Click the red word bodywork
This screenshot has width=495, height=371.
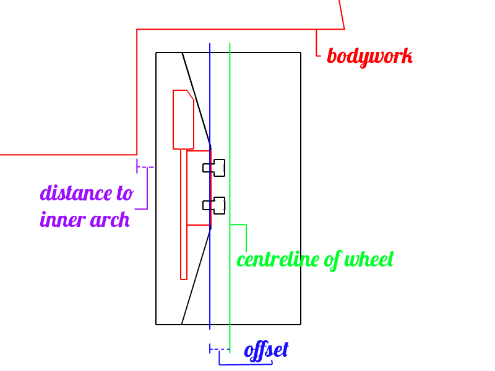pyautogui.click(x=369, y=56)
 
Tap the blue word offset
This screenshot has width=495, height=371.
pyautogui.click(x=266, y=351)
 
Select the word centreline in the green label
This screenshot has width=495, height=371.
pyautogui.click(x=279, y=259)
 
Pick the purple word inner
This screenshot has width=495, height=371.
pyautogui.click(x=61, y=220)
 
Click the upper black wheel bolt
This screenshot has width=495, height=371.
pyautogui.click(x=215, y=167)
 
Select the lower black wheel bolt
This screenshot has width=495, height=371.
pyautogui.click(x=215, y=205)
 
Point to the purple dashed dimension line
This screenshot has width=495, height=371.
pyautogui.click(x=146, y=167)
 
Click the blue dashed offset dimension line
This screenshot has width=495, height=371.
pyautogui.click(x=219, y=350)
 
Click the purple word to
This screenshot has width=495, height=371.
pyautogui.click(x=124, y=193)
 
